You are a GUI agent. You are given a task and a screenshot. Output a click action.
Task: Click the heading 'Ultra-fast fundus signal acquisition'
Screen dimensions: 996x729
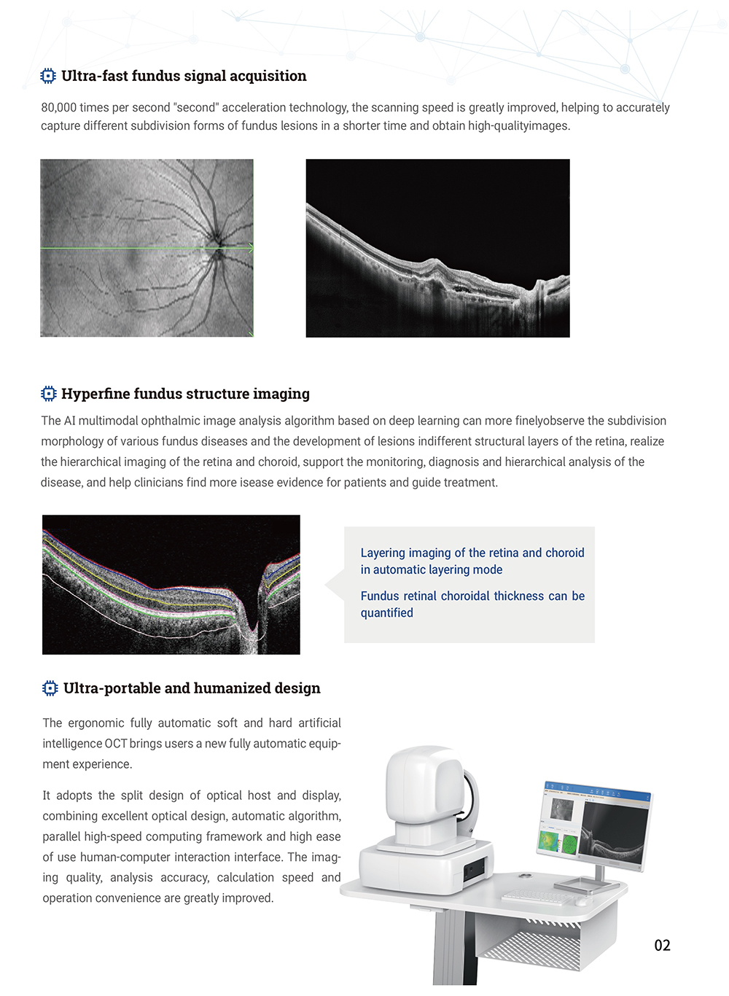pos(184,76)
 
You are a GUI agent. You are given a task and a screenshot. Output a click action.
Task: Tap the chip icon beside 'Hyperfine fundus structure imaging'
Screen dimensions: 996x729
pos(48,394)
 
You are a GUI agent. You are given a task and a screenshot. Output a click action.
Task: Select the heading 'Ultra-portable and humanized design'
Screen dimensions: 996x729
pos(192,688)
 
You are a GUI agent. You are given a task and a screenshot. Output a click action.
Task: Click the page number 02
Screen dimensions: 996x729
pos(662,946)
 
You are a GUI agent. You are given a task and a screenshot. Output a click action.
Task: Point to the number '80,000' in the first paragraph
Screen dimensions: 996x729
pos(59,107)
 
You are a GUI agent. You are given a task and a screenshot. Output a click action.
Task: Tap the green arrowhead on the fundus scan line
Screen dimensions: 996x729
pos(251,248)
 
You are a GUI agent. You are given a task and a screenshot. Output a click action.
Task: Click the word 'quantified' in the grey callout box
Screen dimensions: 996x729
pos(387,613)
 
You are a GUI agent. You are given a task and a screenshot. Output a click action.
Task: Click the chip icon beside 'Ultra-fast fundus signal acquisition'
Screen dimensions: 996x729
pos(48,76)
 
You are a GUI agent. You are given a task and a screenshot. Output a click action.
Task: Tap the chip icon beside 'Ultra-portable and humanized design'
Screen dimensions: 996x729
pos(50,688)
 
